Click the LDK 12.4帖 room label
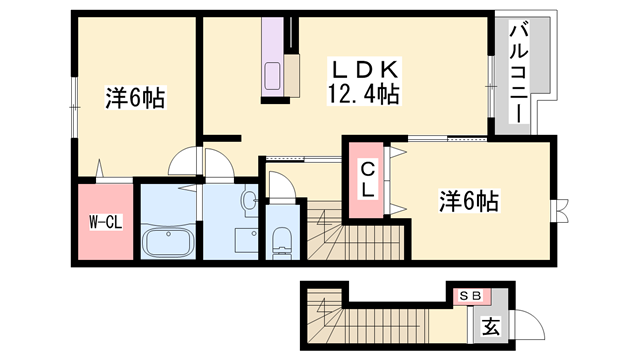coord(364,82)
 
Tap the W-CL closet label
coord(106,222)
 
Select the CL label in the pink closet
coord(368,180)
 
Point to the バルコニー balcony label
coord(518,73)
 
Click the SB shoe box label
coord(471,295)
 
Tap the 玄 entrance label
coord(491,326)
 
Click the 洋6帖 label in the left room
coord(136,98)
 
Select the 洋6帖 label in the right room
coord(469,200)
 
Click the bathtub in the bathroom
coord(168,242)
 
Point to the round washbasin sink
coord(249,200)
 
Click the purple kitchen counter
coord(273,57)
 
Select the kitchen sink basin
coord(272,76)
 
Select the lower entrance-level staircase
coord(367,317)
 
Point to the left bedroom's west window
coord(75,107)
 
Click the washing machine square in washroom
coord(247,241)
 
